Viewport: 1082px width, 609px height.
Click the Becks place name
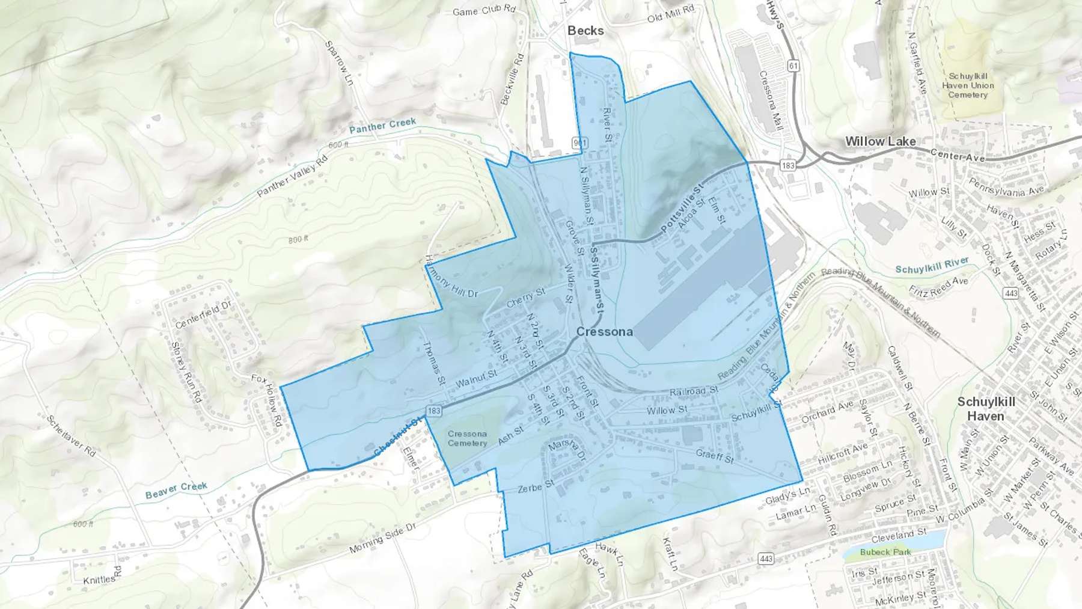[x=585, y=31]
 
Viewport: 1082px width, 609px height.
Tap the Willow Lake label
[x=880, y=142]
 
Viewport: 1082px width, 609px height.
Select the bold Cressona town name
[x=604, y=332]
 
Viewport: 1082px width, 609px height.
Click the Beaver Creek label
[x=176, y=490]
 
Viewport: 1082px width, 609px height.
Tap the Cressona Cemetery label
[x=467, y=438]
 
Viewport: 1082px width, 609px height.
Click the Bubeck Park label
[x=885, y=552]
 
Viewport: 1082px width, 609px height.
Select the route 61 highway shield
[x=793, y=66]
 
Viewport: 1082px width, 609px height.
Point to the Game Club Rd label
[x=484, y=10]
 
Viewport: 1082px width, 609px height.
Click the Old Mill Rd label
[x=671, y=13]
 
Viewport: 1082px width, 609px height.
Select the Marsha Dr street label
[x=567, y=448]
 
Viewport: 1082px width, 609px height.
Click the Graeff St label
[x=715, y=456]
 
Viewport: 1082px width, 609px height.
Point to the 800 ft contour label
[x=298, y=239]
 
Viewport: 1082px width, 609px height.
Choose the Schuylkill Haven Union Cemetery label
[x=968, y=85]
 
